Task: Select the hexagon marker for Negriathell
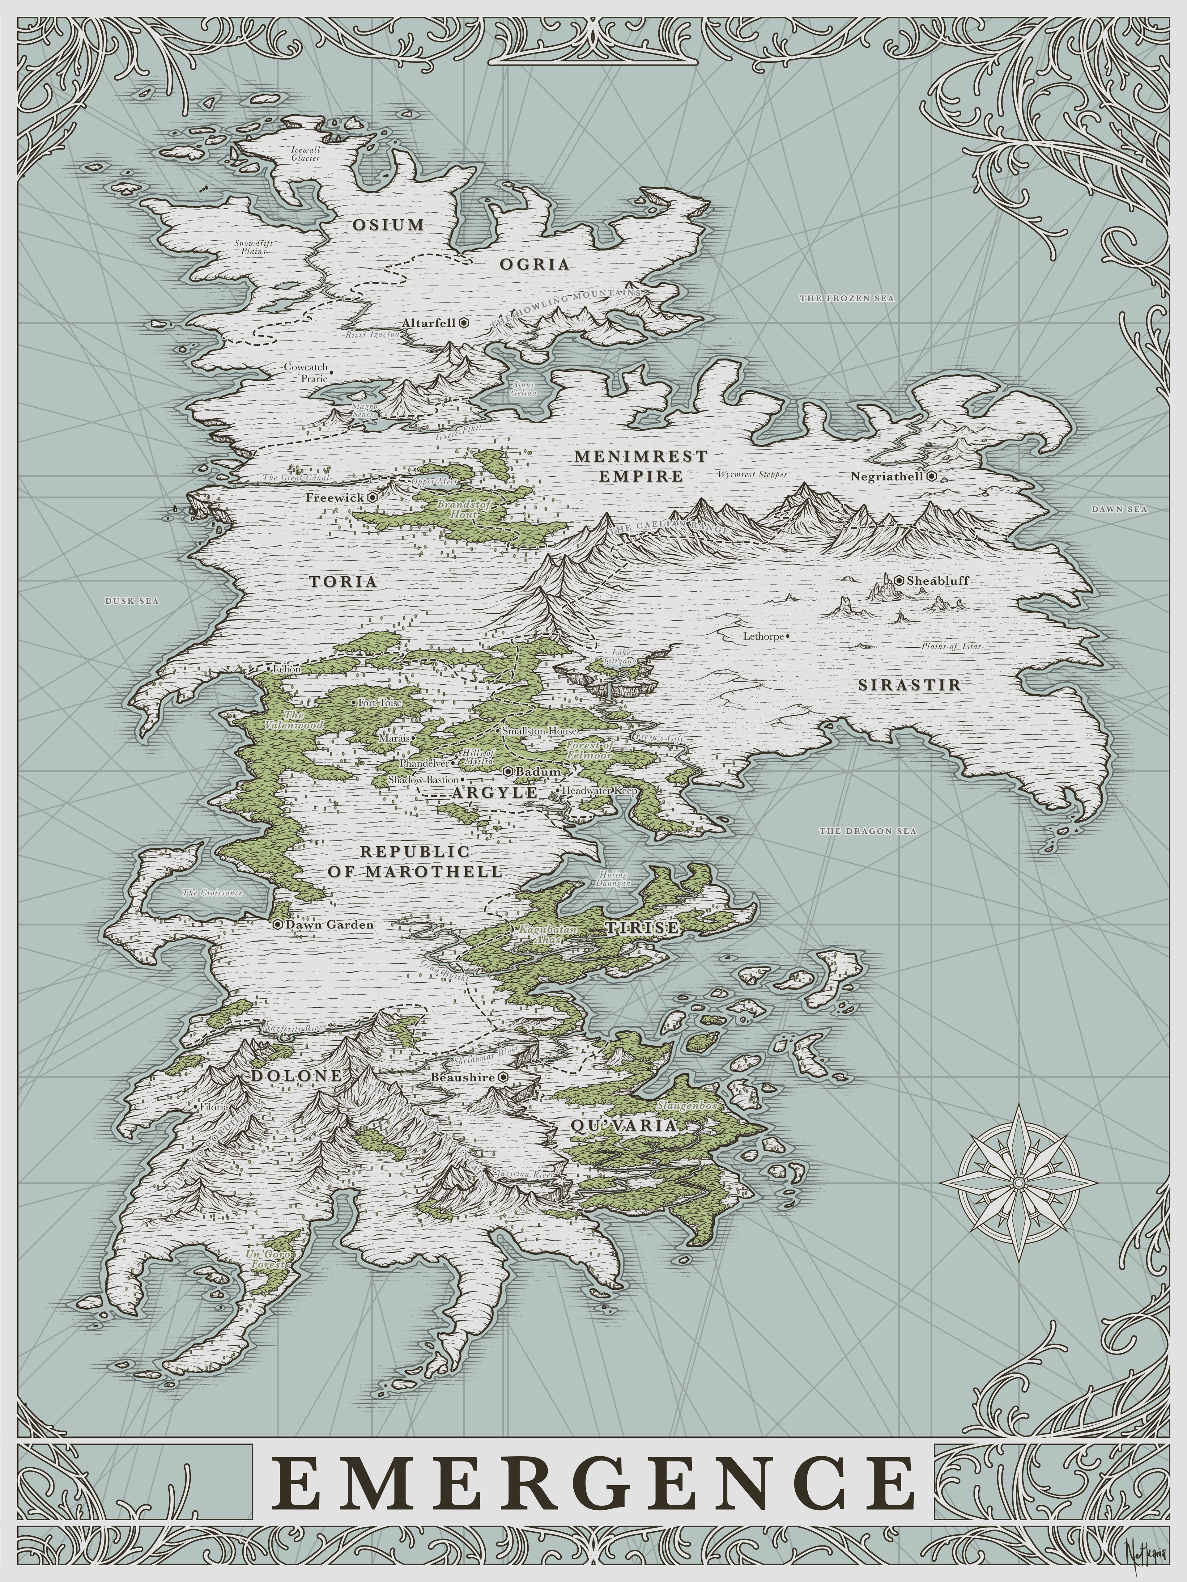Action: click(931, 476)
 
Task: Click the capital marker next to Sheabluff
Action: click(900, 580)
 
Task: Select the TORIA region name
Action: click(343, 582)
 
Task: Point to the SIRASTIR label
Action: click(909, 684)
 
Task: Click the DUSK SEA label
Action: click(132, 601)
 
